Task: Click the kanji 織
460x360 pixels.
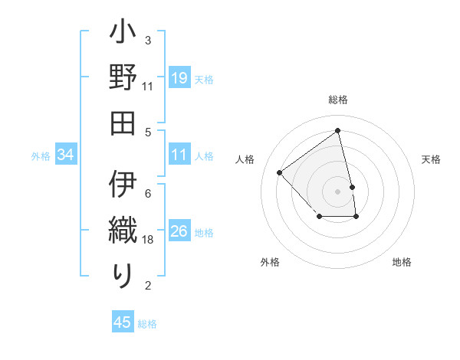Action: (123, 228)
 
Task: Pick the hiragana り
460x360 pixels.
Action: (123, 274)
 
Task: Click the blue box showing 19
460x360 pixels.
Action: (179, 78)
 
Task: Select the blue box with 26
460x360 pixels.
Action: (179, 231)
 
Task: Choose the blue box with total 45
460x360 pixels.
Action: (123, 322)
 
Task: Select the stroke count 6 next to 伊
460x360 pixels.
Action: (148, 193)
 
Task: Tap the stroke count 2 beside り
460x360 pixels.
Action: (148, 286)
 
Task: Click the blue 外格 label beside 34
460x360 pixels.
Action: (41, 156)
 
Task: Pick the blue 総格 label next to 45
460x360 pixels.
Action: (147, 323)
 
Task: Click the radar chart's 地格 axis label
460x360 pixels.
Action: (402, 262)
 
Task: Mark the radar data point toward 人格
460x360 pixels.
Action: (280, 172)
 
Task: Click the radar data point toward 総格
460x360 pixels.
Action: (337, 131)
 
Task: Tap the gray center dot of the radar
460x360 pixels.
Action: (337, 191)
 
